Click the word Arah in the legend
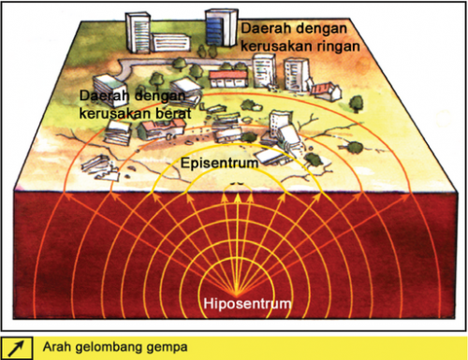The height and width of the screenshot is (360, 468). pos(58,348)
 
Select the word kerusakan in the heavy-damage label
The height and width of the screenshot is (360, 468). pos(115,112)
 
